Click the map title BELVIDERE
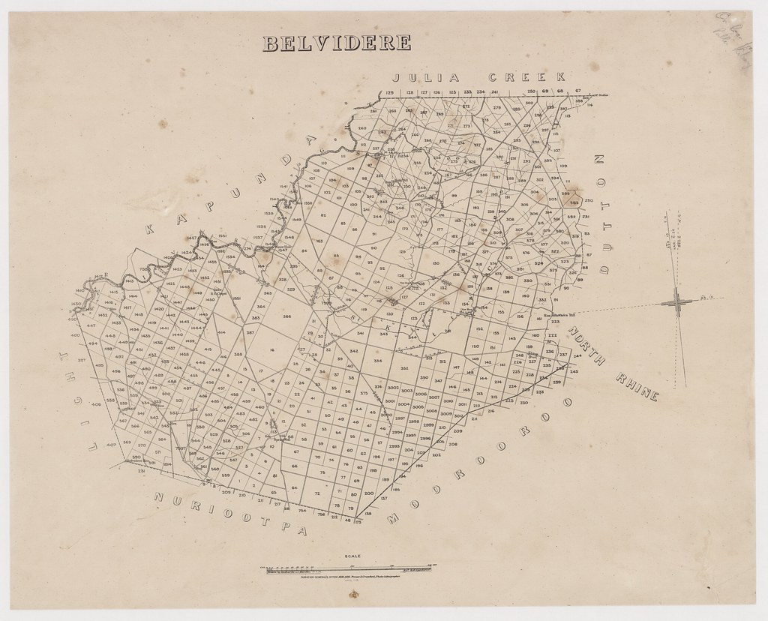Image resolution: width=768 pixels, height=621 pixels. point(335,44)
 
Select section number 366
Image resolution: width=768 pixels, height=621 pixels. point(286,316)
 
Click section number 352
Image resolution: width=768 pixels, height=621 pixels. point(403,368)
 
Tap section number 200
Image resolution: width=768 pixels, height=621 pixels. point(367,493)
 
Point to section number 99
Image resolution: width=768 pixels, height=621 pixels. point(454,196)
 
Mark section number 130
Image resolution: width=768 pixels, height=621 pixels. point(436,263)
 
